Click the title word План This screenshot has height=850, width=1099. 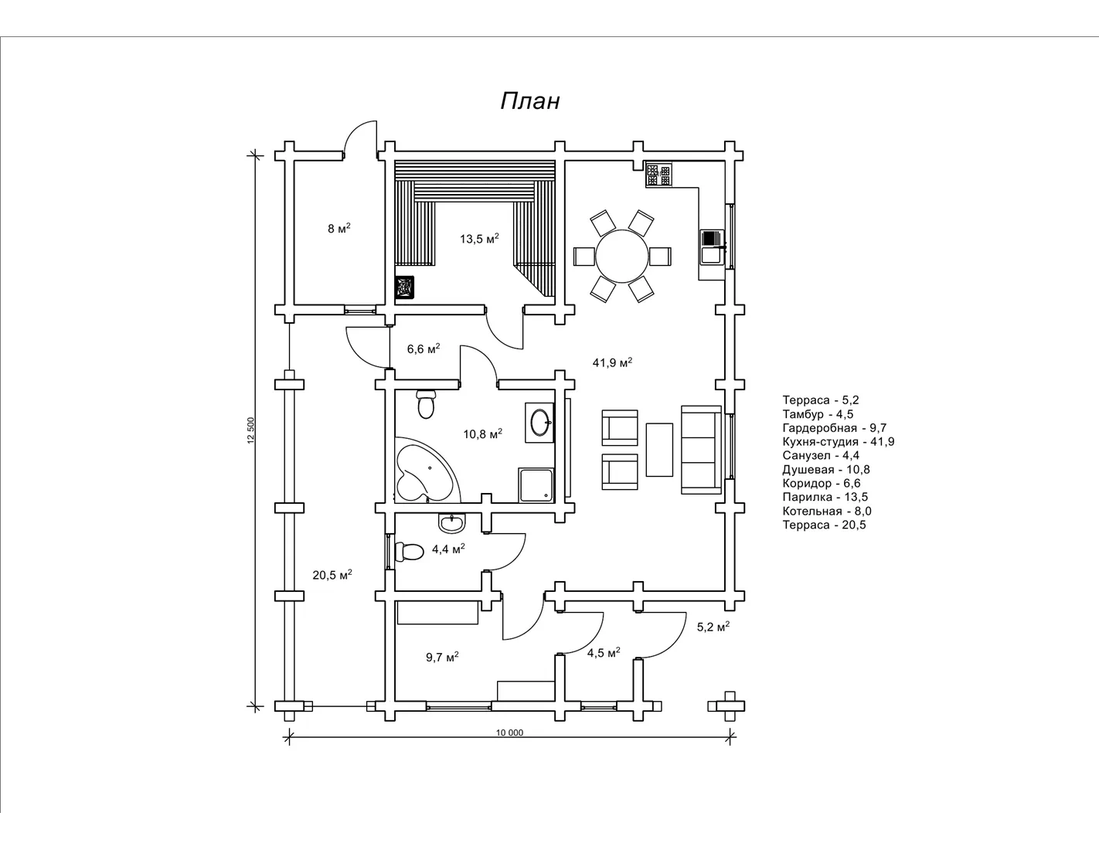(529, 101)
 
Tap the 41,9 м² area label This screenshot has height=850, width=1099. (612, 362)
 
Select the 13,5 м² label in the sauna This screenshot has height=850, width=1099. (479, 239)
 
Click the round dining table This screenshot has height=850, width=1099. (622, 256)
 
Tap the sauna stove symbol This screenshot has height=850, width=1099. (405, 287)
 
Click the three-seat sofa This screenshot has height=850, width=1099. (701, 450)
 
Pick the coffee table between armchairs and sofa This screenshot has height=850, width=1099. (659, 450)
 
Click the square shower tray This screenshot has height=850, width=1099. (536, 484)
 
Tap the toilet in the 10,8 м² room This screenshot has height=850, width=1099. (426, 404)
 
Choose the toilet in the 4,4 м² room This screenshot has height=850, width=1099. (409, 552)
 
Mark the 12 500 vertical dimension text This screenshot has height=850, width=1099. (250, 430)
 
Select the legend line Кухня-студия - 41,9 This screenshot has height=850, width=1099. (839, 442)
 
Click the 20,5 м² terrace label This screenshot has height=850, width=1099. (332, 575)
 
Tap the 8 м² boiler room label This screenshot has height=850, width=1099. (339, 229)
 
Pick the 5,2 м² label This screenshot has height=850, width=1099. (713, 627)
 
